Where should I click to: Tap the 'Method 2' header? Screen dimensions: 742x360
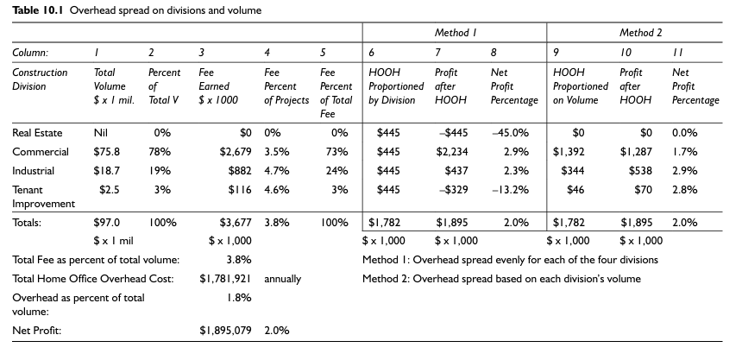[640, 32]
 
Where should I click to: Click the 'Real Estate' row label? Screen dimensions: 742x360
[37, 134]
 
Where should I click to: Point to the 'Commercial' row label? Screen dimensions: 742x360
[40, 152]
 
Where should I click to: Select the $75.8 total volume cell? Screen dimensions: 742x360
[106, 152]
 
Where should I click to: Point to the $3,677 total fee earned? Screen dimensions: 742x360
[236, 222]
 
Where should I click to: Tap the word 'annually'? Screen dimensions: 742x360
[282, 279]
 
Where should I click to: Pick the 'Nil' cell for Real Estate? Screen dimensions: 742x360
[99, 134]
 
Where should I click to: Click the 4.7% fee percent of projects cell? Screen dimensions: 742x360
[275, 170]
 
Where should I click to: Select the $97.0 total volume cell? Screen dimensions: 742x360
[106, 222]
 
